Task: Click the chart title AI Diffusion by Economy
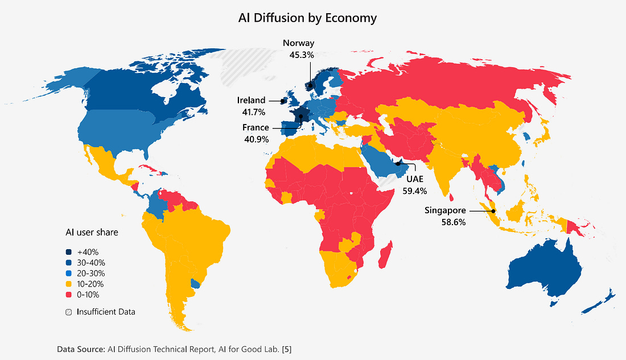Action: pos(307,18)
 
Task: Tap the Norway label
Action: pos(299,43)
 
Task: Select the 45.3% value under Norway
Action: pos(299,55)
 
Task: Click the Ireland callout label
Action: pos(251,100)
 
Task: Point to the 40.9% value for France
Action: pos(255,139)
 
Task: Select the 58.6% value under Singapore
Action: pos(454,222)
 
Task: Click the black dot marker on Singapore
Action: pos(493,211)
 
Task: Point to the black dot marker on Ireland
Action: pos(283,101)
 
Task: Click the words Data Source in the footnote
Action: pos(80,347)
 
